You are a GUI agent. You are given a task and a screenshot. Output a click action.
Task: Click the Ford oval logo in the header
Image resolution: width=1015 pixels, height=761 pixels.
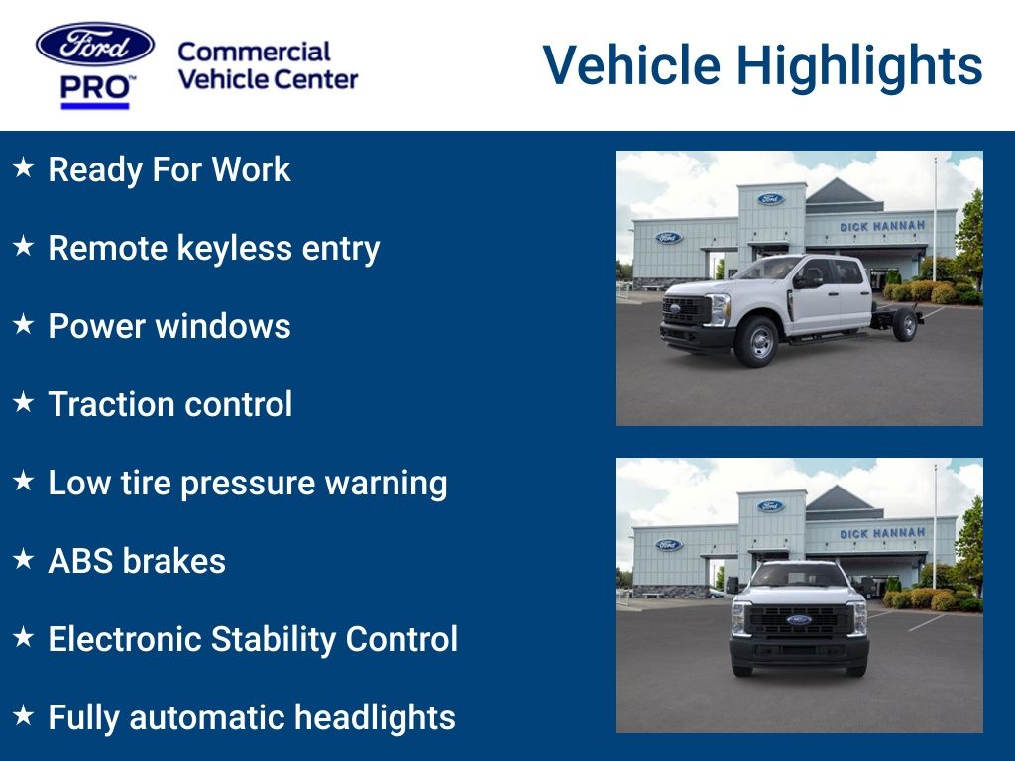click(x=95, y=45)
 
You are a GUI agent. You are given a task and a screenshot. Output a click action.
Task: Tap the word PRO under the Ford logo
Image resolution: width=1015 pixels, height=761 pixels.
click(x=94, y=88)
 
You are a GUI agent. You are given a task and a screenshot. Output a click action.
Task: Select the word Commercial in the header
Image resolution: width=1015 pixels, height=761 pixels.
click(x=254, y=52)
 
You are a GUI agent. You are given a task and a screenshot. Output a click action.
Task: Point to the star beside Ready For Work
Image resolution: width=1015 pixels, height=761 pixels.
click(x=24, y=167)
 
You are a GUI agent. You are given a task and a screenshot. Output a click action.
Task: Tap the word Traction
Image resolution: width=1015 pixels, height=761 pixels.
click(x=111, y=404)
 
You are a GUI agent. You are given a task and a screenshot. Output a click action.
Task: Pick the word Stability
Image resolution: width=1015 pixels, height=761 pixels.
click(x=274, y=640)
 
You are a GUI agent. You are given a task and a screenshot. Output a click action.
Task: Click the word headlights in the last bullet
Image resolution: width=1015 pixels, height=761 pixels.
click(x=375, y=717)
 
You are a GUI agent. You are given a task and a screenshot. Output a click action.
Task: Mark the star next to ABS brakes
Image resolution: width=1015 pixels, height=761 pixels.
click(x=24, y=559)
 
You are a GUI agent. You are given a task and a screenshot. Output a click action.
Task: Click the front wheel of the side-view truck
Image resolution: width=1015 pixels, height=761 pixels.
click(x=756, y=341)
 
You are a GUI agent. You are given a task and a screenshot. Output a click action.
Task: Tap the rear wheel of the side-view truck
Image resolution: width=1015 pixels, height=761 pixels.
click(x=905, y=325)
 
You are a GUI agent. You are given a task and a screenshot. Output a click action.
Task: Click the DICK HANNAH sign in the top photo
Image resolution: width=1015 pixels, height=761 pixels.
click(x=882, y=227)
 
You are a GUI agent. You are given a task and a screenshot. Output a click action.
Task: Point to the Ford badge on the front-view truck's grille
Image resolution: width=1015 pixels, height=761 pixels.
click(x=799, y=620)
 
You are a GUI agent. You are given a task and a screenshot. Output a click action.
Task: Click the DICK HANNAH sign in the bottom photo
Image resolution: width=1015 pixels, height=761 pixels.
click(x=882, y=533)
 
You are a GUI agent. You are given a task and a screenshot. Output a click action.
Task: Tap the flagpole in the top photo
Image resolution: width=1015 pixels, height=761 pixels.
click(x=935, y=209)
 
